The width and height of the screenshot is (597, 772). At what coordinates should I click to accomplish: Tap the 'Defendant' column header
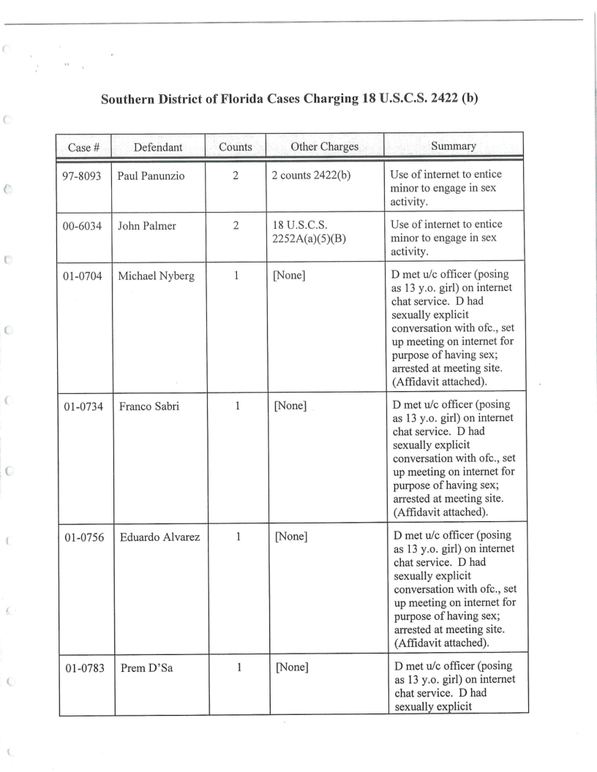tap(159, 147)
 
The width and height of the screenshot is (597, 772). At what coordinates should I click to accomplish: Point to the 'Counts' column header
tap(235, 147)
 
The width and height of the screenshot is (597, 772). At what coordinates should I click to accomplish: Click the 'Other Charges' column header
tap(324, 147)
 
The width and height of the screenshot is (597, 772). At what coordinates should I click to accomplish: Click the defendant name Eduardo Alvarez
tap(156, 537)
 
